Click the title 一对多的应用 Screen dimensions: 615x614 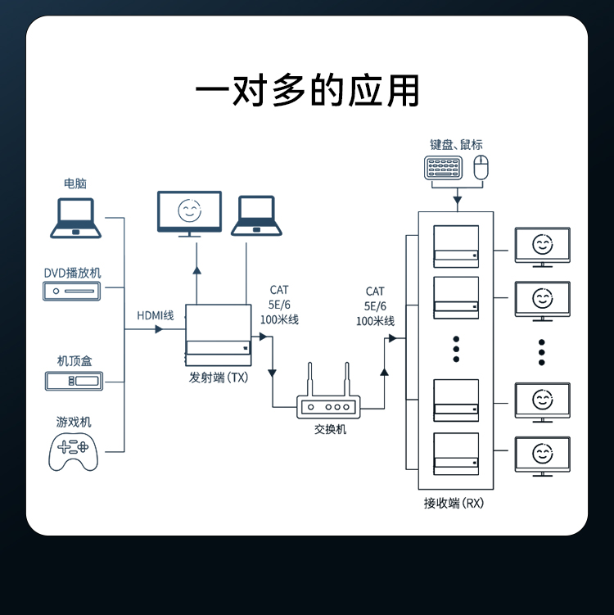pos(307,90)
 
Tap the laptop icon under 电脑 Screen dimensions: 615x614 pos(75,219)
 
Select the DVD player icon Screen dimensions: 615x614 pos(72,291)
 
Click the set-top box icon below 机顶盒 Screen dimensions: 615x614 pos(73,380)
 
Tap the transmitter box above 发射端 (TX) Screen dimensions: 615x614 pos(218,336)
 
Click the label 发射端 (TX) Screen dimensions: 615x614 pos(218,378)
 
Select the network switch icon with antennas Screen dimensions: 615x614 pos(328,398)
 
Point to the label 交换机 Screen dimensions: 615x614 pos(330,429)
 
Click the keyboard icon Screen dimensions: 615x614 pos(443,168)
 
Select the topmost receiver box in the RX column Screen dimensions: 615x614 pos(456,246)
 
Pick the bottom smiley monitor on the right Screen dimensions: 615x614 pos(541,455)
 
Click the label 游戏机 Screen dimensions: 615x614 pos(74,422)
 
